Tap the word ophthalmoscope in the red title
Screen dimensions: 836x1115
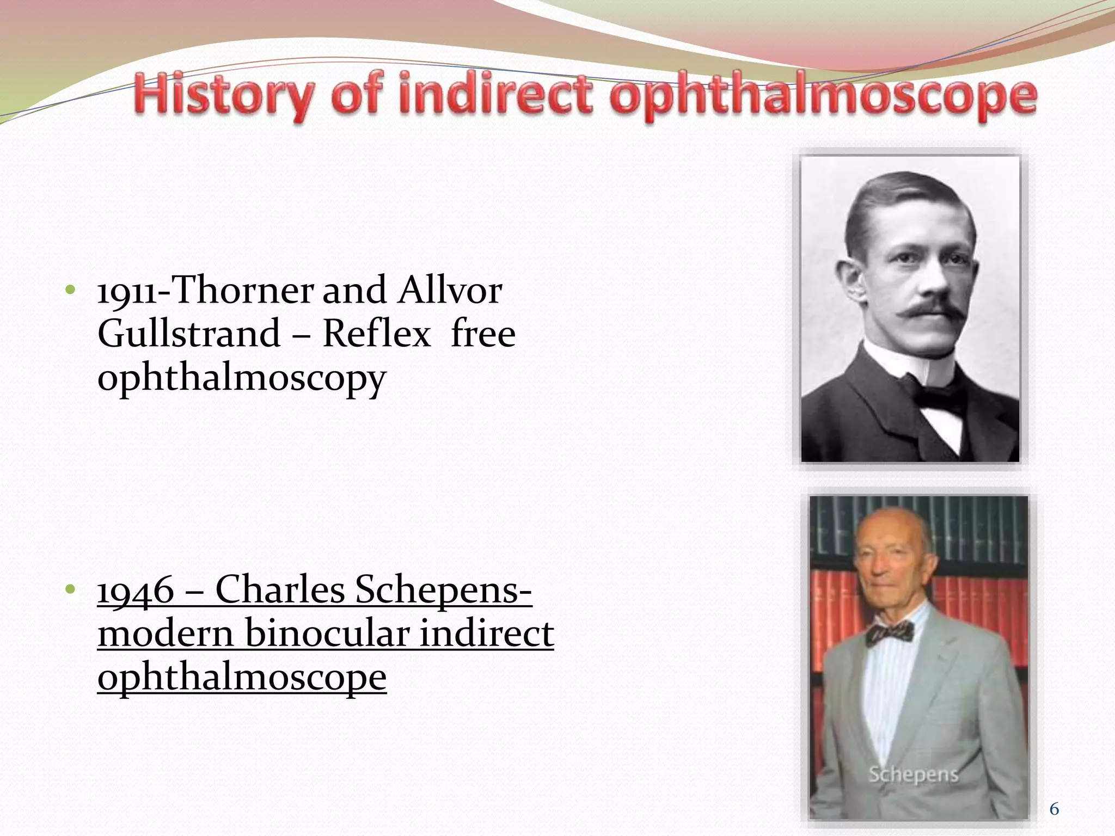click(x=822, y=97)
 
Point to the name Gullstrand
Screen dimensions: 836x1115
click(x=188, y=334)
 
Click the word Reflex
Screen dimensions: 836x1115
click(x=377, y=334)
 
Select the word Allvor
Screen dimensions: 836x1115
click(x=449, y=291)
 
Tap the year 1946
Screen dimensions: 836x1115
click(x=136, y=590)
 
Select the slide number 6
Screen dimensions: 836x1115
click(x=1054, y=809)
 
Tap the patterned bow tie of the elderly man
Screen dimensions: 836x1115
click(x=889, y=633)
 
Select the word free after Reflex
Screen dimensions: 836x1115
click(x=483, y=334)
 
